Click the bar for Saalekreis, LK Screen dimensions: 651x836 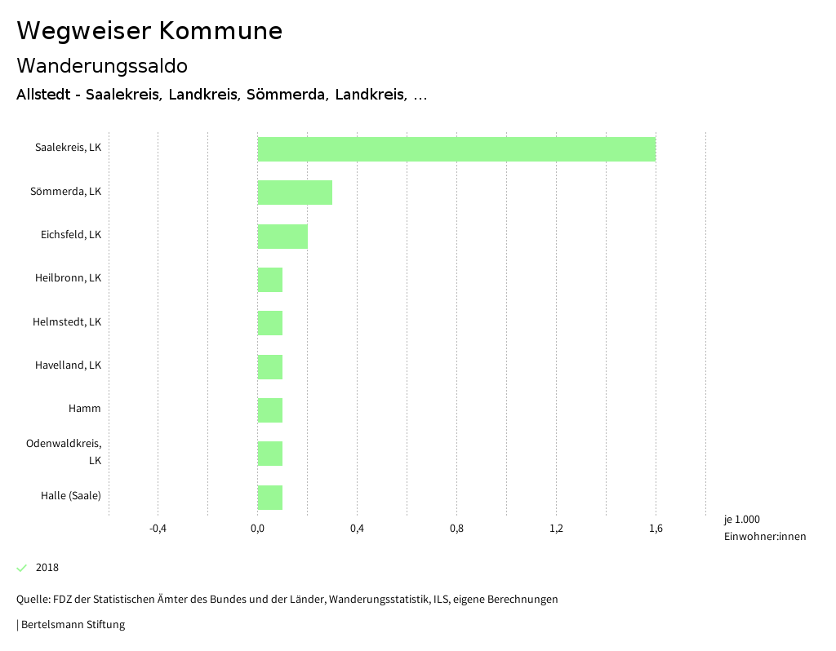456,149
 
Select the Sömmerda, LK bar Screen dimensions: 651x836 295,193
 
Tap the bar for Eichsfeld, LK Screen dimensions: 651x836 282,237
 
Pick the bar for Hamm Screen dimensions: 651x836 270,410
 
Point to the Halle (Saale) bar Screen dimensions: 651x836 270,498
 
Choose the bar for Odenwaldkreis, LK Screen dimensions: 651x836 270,454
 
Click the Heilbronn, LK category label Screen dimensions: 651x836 68,278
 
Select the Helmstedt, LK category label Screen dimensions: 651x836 67,321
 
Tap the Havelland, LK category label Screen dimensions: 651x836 68,365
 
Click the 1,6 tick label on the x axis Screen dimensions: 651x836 656,529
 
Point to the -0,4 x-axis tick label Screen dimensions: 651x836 158,529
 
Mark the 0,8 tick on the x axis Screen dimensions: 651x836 456,529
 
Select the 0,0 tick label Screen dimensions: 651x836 257,529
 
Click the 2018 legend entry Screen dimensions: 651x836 47,568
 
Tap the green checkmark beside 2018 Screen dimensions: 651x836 22,568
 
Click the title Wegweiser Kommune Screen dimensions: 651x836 149,31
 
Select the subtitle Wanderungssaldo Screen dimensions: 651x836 102,65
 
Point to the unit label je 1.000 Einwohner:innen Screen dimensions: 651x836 764,528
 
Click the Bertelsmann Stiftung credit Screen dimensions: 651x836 72,625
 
